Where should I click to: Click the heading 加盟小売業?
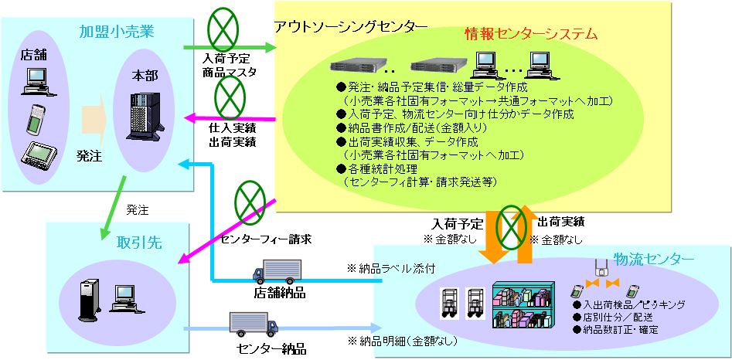click(x=117, y=32)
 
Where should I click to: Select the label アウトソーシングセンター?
click(x=350, y=26)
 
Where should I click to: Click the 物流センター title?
click(x=654, y=258)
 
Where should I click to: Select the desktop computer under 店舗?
click(x=36, y=76)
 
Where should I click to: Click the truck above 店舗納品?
click(x=275, y=271)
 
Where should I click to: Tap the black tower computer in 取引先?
click(x=87, y=300)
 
